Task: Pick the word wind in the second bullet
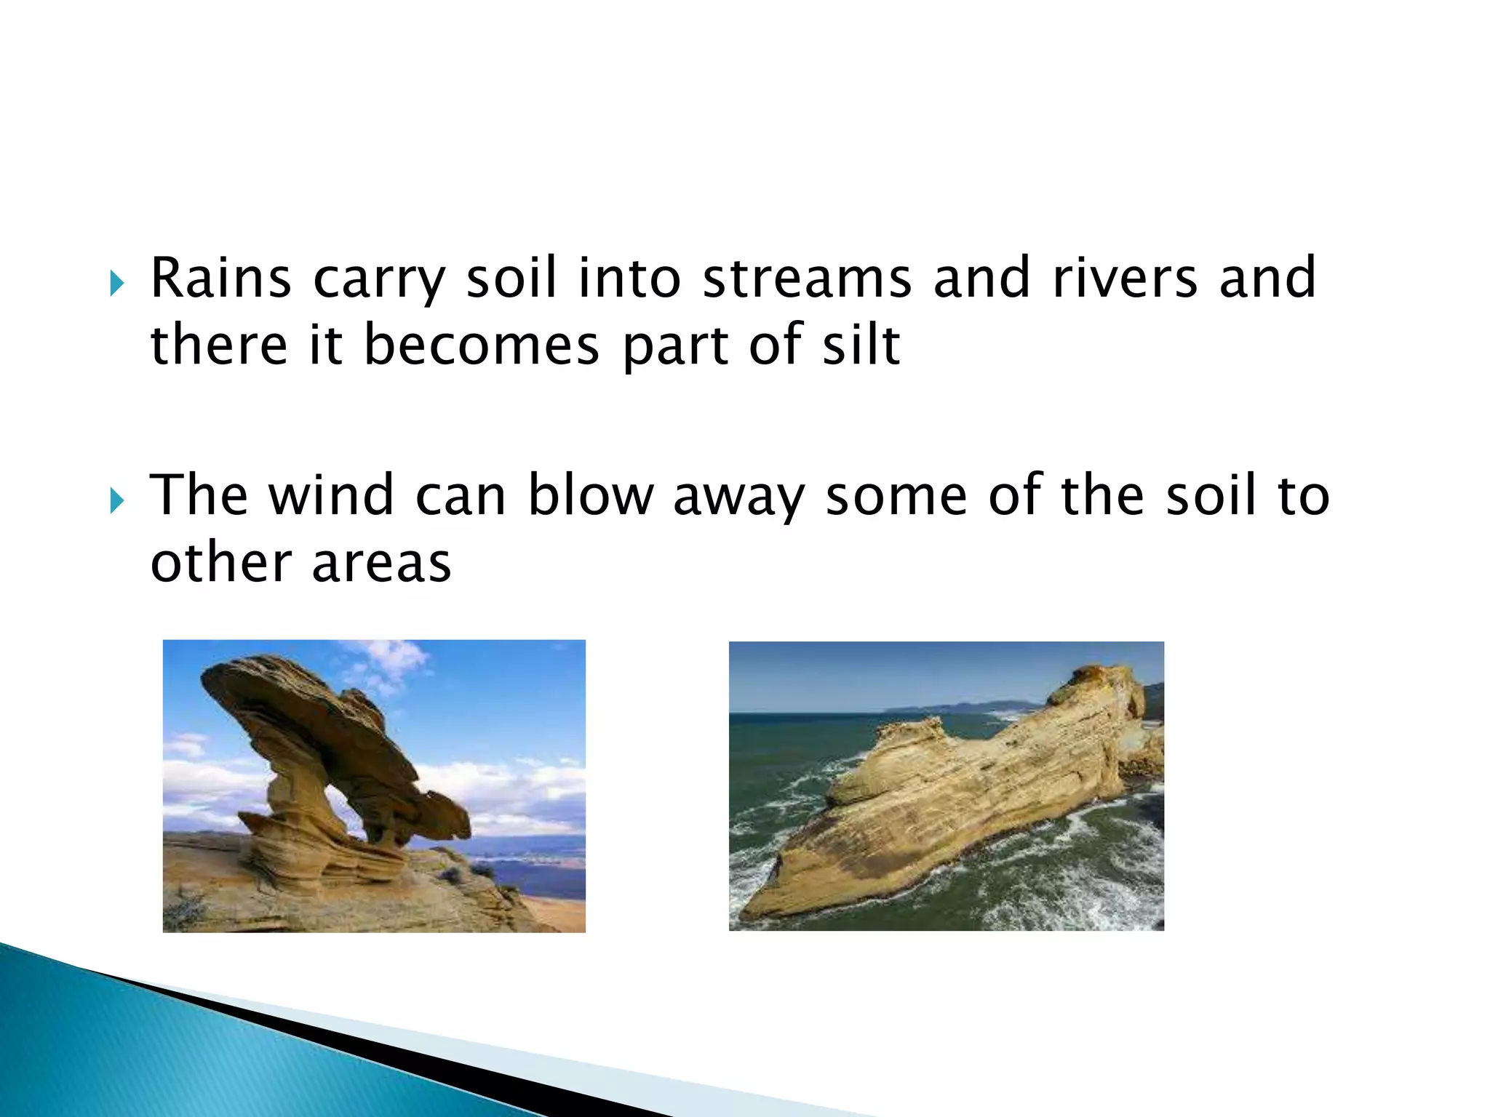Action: [x=331, y=495]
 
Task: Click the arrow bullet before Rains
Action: [x=117, y=283]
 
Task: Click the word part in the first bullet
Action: [x=673, y=346]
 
